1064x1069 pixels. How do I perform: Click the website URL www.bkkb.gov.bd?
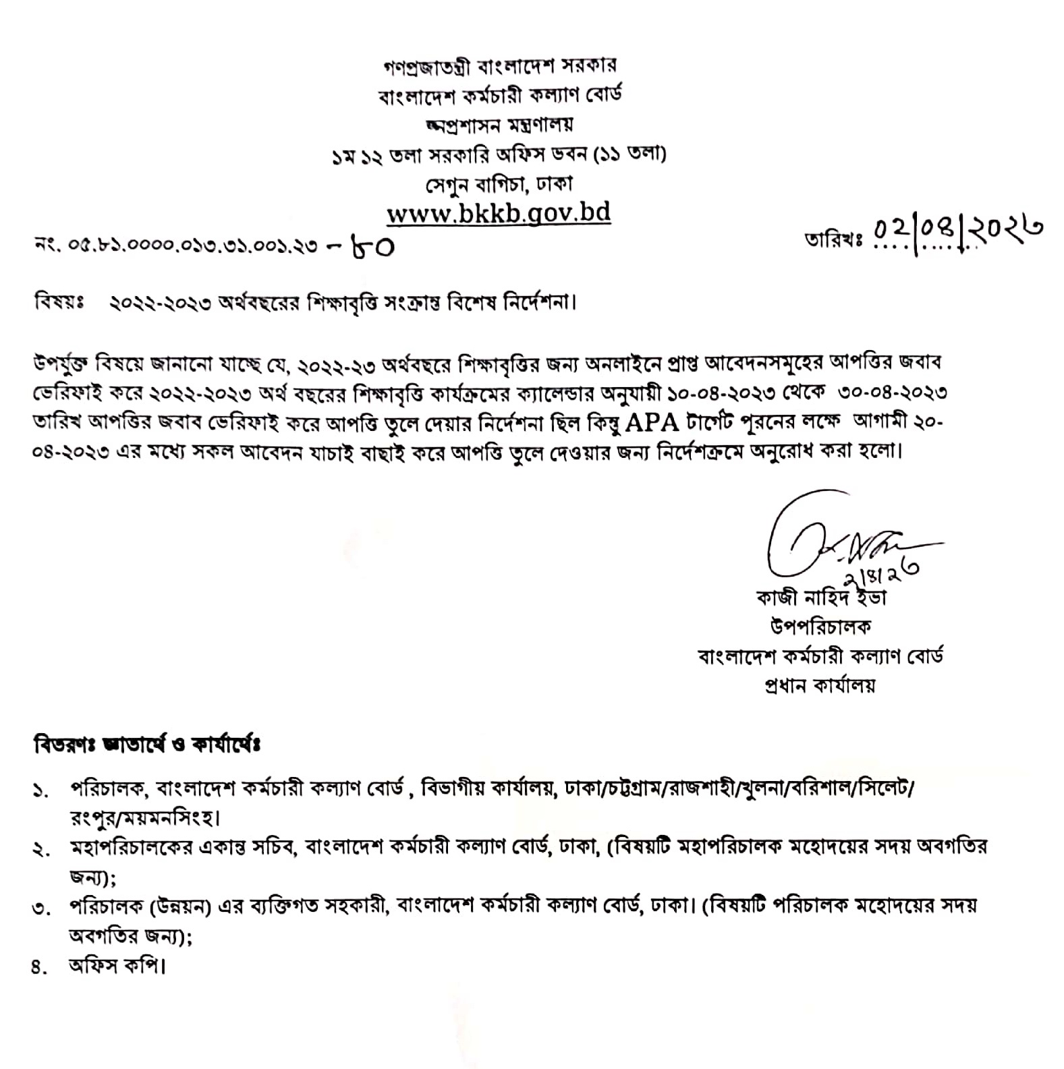499,213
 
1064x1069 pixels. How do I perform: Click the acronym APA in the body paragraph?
651,422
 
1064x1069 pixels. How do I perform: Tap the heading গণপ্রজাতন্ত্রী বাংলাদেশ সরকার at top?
499,66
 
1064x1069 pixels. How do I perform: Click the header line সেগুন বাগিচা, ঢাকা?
499,183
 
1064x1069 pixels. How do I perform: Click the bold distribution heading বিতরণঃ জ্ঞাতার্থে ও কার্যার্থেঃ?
146,746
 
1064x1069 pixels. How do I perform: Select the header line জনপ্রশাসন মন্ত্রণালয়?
499,125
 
